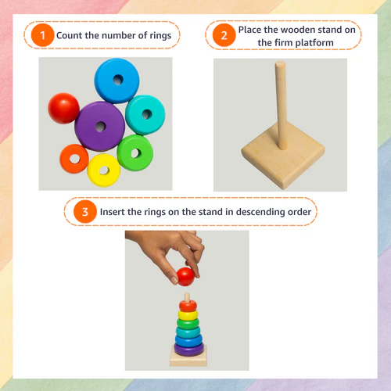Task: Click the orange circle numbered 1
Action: click(x=42, y=35)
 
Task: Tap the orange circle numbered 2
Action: click(x=224, y=35)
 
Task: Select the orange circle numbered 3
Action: click(x=85, y=212)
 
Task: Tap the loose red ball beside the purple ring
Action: click(x=63, y=108)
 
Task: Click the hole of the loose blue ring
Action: click(x=118, y=80)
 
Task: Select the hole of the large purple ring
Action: click(x=100, y=127)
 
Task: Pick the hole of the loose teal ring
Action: click(x=147, y=114)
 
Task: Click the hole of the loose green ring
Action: click(x=135, y=153)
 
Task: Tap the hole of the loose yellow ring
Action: click(x=104, y=170)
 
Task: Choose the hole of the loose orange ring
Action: click(x=75, y=159)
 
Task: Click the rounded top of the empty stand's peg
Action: click(x=281, y=64)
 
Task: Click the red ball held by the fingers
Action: click(x=185, y=277)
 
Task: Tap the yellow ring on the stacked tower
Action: click(x=188, y=315)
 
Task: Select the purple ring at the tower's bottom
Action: click(x=189, y=349)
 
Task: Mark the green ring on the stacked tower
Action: click(x=188, y=324)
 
